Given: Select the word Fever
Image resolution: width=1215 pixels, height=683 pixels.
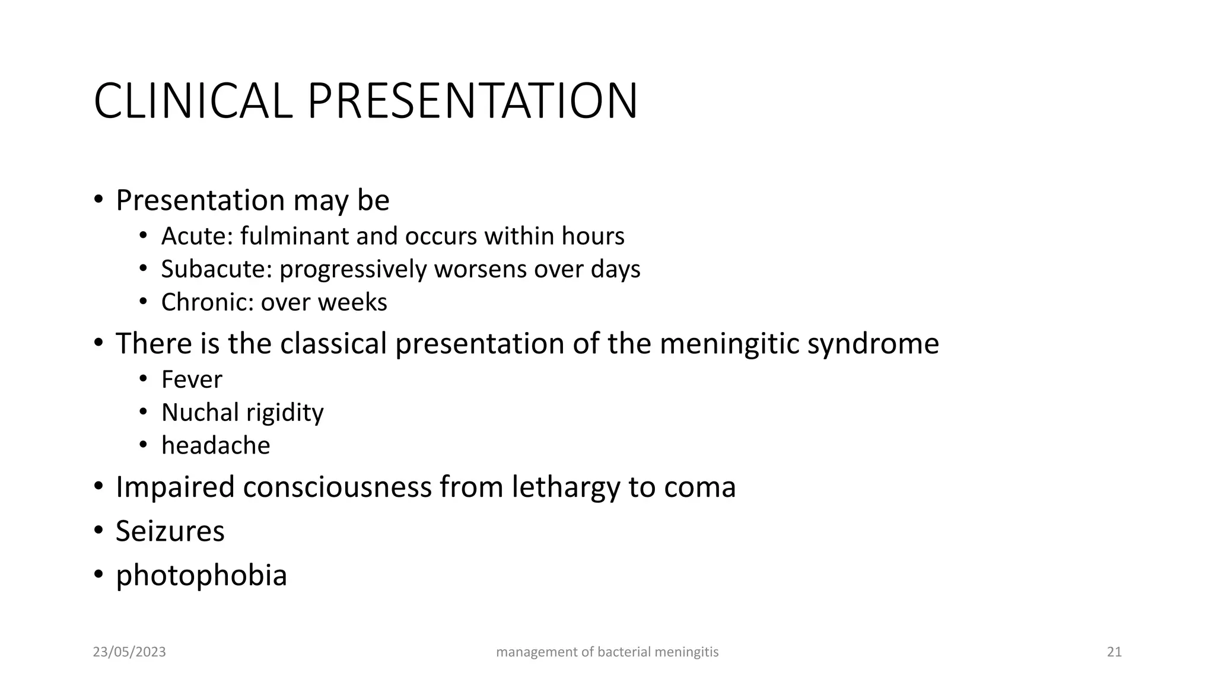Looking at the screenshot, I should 192,379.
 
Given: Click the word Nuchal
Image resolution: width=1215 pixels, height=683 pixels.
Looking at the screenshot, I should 198,413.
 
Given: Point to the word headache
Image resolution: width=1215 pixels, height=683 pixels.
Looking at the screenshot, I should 215,446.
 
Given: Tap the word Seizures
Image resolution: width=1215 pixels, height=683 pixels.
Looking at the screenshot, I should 170,531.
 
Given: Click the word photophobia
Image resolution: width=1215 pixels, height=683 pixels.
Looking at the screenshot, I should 201,575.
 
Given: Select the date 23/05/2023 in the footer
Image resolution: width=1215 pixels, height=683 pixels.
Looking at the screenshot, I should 129,652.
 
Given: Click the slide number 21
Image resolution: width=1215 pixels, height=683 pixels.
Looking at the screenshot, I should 1114,652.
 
